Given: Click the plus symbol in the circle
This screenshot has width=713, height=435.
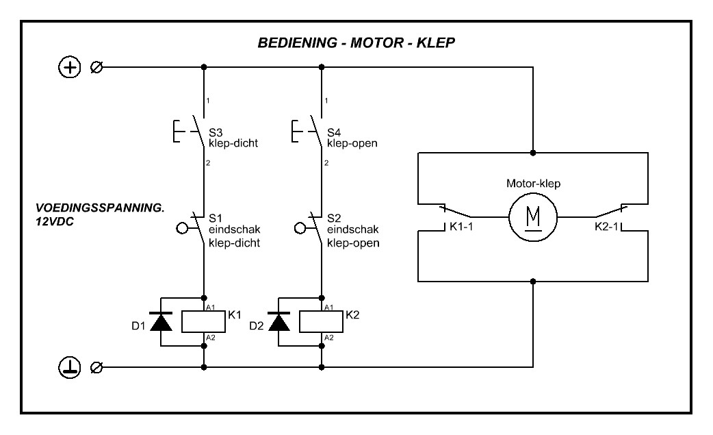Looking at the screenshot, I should coord(68,67).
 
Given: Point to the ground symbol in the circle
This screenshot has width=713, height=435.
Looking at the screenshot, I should coord(68,368).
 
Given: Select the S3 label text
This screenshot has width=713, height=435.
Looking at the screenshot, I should coord(215,132).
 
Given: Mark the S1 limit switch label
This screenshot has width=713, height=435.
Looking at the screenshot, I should coord(215,216).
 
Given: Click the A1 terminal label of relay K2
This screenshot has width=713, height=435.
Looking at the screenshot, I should coord(329,307).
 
